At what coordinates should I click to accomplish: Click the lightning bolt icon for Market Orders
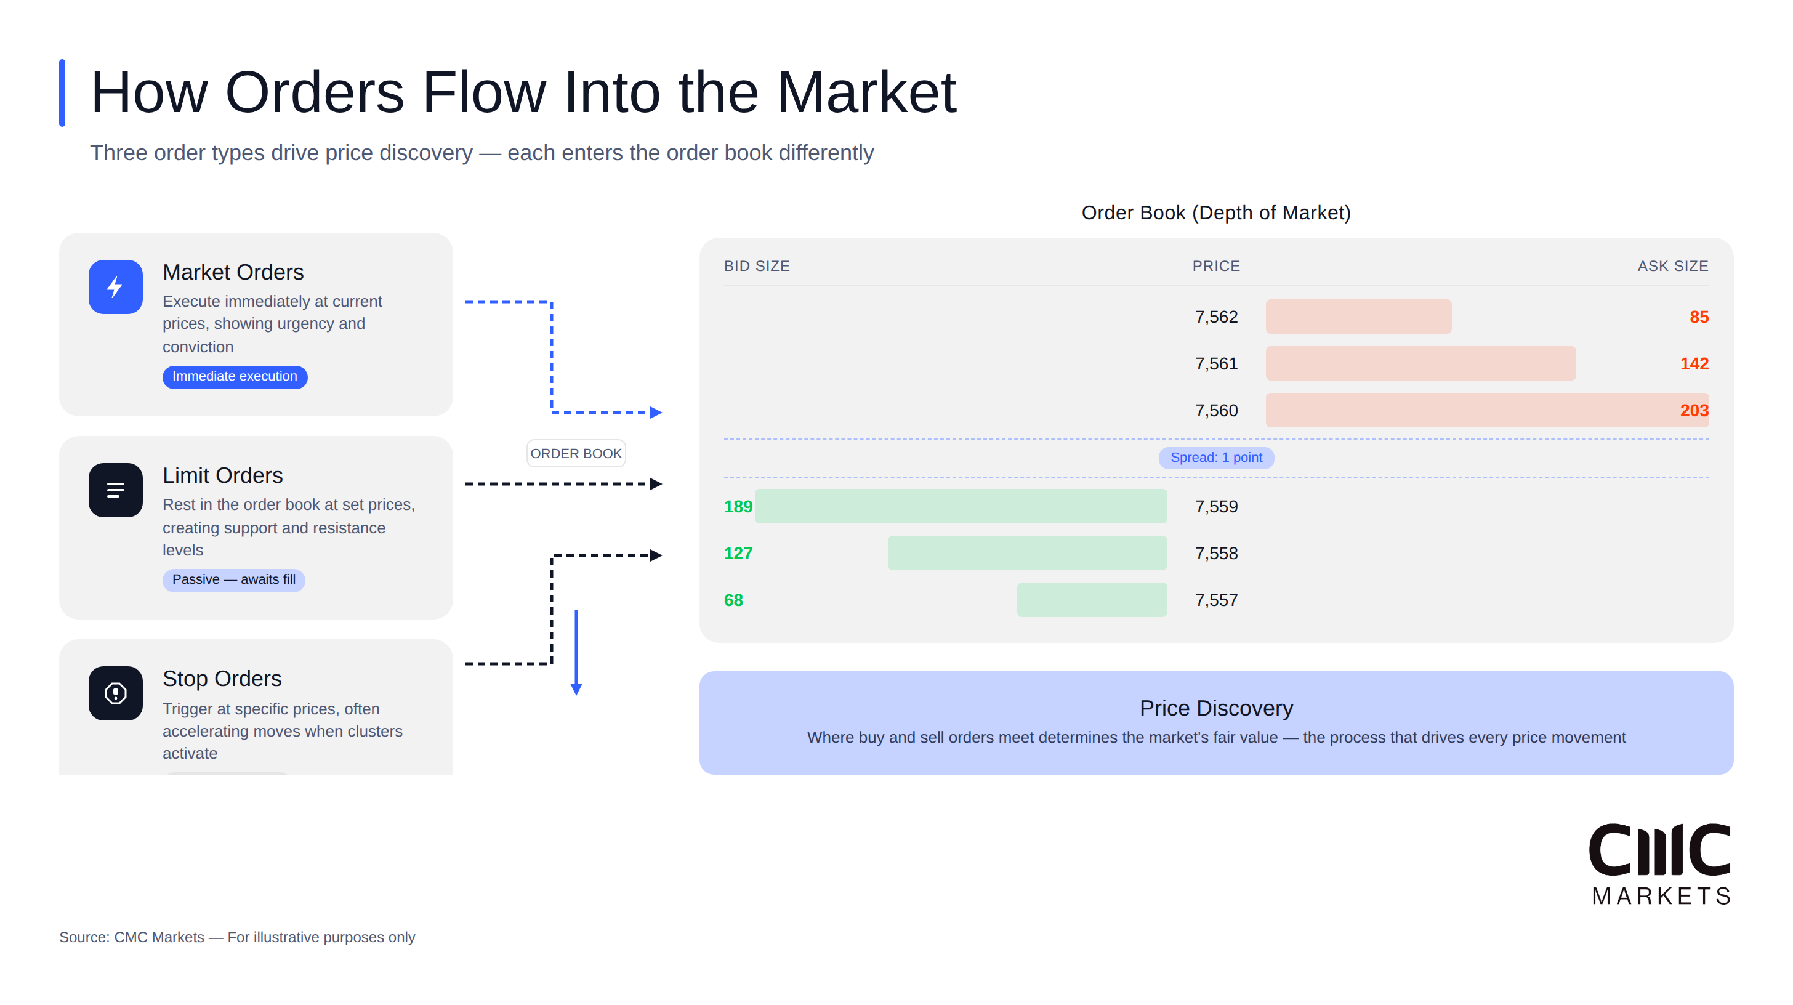[x=116, y=287]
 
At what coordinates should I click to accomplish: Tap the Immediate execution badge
[x=235, y=376]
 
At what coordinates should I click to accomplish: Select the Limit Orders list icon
[x=116, y=490]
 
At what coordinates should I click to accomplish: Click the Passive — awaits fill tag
[x=233, y=579]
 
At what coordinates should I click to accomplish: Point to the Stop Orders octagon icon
[x=116, y=693]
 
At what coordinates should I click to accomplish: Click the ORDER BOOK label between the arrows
[x=576, y=454]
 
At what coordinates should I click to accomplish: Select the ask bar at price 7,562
[x=1358, y=317]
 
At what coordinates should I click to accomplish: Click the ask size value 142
[x=1693, y=363]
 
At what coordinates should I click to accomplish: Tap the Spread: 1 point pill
[x=1216, y=458]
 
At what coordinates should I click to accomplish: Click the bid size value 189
[x=738, y=507]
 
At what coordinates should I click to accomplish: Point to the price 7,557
[x=1216, y=600]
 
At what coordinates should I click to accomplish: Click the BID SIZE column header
[x=757, y=266]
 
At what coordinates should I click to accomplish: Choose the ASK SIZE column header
[x=1672, y=266]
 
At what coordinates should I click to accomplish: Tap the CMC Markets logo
[x=1660, y=864]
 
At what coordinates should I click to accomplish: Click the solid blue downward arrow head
[x=576, y=689]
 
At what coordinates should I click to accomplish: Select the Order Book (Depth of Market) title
[x=1216, y=213]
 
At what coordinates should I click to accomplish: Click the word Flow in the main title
[x=484, y=92]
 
